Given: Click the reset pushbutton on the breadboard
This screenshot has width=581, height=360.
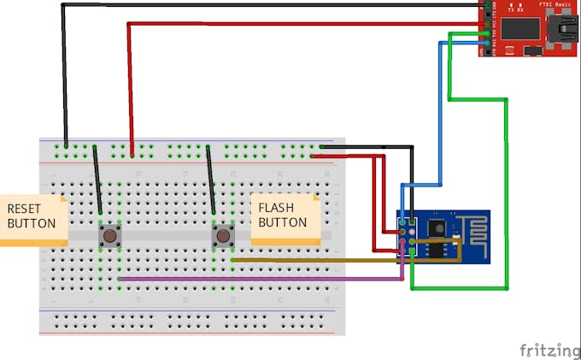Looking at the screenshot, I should pos(109,235).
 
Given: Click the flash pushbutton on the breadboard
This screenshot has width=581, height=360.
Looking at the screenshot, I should pos(223,235).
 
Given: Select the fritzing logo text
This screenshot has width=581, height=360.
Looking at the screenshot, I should pos(549,350).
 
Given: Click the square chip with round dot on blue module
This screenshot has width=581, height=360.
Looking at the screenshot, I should pos(436,227).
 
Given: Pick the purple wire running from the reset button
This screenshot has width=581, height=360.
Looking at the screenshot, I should pos(256,279).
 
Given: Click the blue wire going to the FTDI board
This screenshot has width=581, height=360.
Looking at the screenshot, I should pos(441,111).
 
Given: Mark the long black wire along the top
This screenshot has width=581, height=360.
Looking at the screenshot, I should pos(256,5).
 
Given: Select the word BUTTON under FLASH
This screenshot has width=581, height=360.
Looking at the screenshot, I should pos(282,222).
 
